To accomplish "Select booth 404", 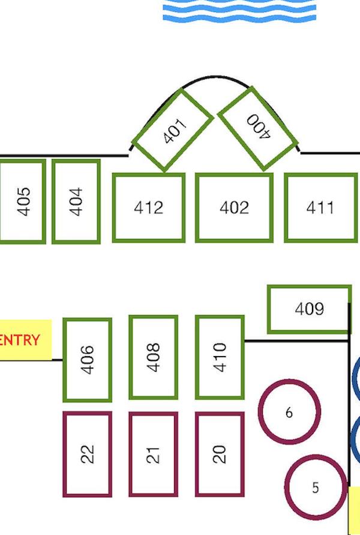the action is pyautogui.click(x=76, y=202).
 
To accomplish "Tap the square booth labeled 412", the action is pyautogui.click(x=149, y=207).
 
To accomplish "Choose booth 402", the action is pyautogui.click(x=234, y=207).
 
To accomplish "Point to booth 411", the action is pyautogui.click(x=320, y=207).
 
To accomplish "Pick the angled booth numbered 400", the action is pyautogui.click(x=258, y=128).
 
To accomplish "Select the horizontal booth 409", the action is pyautogui.click(x=309, y=309).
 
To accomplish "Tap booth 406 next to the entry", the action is pyautogui.click(x=87, y=360).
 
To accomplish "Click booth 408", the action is pyautogui.click(x=154, y=357).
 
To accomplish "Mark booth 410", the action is pyautogui.click(x=220, y=357).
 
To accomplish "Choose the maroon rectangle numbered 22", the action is pyautogui.click(x=87, y=454).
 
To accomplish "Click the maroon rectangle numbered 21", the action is pyautogui.click(x=154, y=454).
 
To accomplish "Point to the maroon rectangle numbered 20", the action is pyautogui.click(x=220, y=454).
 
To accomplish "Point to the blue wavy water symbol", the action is pyautogui.click(x=239, y=10).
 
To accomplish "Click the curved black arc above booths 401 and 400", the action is pyautogui.click(x=215, y=76).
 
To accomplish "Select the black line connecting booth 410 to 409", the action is pyautogui.click(x=296, y=340).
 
